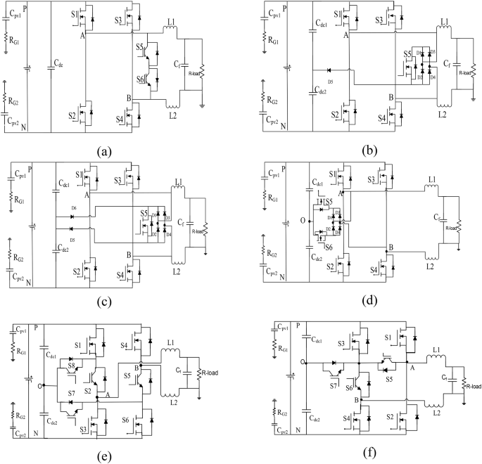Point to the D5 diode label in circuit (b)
pyautogui.click(x=331, y=84)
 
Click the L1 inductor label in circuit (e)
pyautogui.click(x=171, y=342)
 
